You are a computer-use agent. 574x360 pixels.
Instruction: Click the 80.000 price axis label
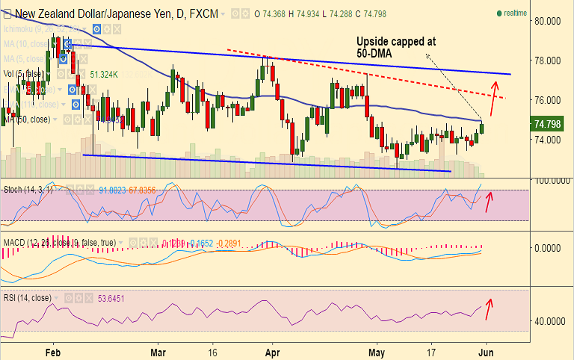coord(552,20)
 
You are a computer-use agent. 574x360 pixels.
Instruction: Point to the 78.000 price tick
coord(552,60)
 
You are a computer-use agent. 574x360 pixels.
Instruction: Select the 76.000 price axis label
coord(552,100)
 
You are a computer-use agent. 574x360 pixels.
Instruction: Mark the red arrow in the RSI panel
coord(490,308)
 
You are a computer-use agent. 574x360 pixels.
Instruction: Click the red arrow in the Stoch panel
coord(490,201)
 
